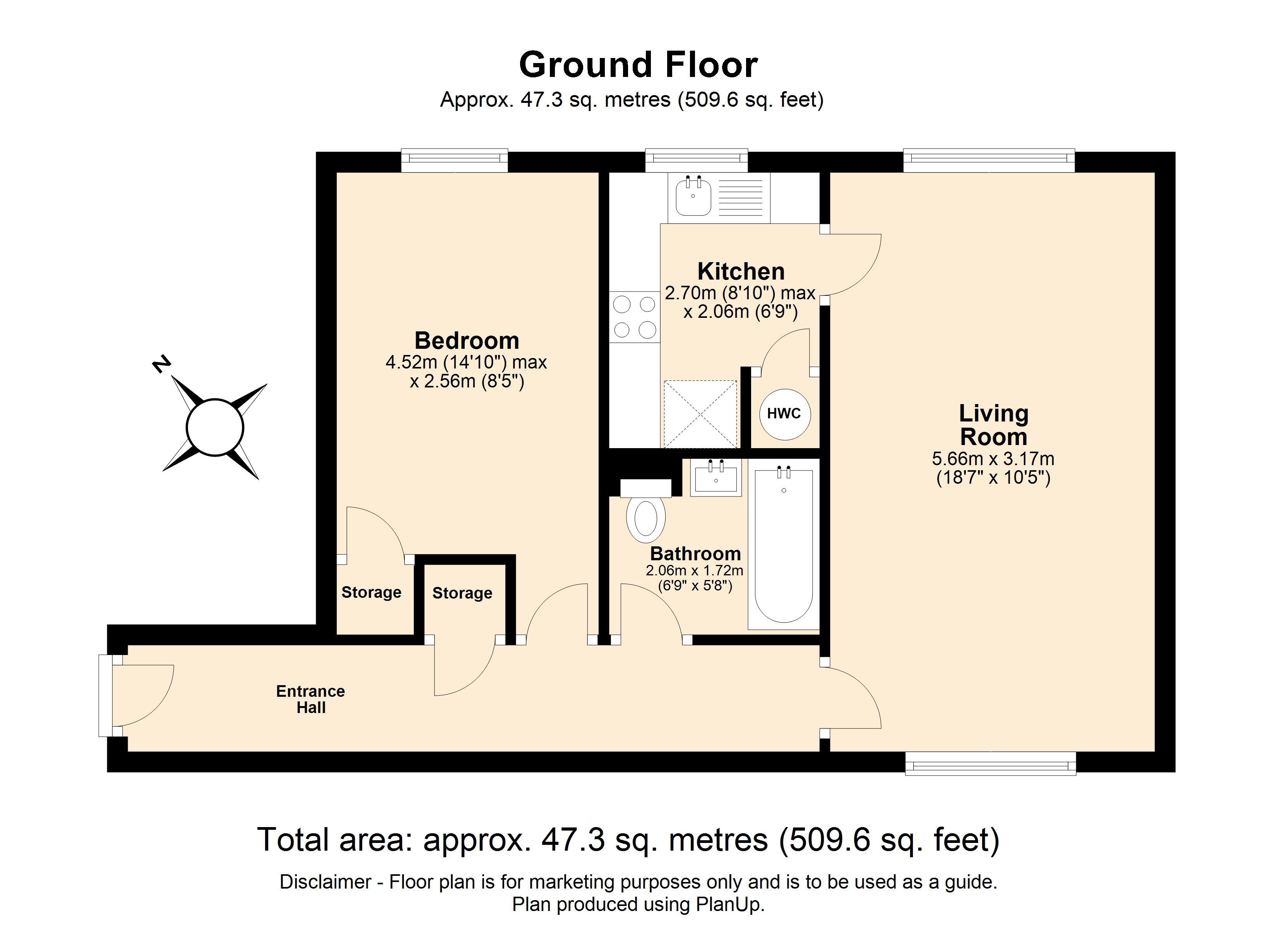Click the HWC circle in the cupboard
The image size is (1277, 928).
pyautogui.click(x=784, y=414)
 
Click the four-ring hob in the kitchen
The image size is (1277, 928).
pyautogui.click(x=635, y=317)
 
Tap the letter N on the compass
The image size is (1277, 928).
pyautogui.click(x=162, y=364)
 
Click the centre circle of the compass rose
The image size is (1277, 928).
pyautogui.click(x=214, y=427)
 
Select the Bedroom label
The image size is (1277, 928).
pyautogui.click(x=467, y=341)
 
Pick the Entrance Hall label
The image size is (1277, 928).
pyautogui.click(x=310, y=699)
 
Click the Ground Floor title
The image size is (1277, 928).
pyautogui.click(x=638, y=65)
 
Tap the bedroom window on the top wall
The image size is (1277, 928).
pyautogui.click(x=454, y=160)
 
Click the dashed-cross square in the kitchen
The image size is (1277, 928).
pyautogui.click(x=700, y=414)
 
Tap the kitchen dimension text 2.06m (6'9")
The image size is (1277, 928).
pyautogui.click(x=740, y=311)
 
